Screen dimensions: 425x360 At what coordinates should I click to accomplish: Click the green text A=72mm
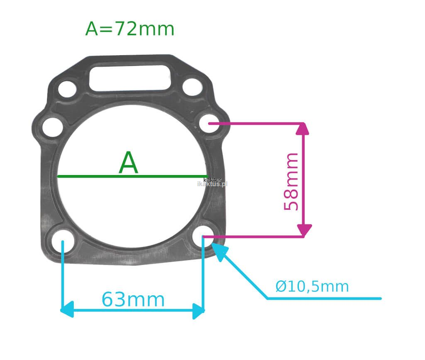click(129, 29)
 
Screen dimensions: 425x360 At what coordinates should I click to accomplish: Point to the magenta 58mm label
click(291, 182)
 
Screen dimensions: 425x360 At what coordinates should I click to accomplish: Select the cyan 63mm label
click(133, 299)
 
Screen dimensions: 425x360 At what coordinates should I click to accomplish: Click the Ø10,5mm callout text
click(312, 286)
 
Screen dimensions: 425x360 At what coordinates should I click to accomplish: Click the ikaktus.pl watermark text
click(212, 184)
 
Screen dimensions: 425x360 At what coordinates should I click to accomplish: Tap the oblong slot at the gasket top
click(130, 78)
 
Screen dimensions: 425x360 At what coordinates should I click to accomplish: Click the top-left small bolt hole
click(67, 89)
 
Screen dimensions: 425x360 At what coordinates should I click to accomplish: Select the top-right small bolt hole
click(193, 87)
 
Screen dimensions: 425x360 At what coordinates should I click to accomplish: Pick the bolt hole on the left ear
click(53, 127)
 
